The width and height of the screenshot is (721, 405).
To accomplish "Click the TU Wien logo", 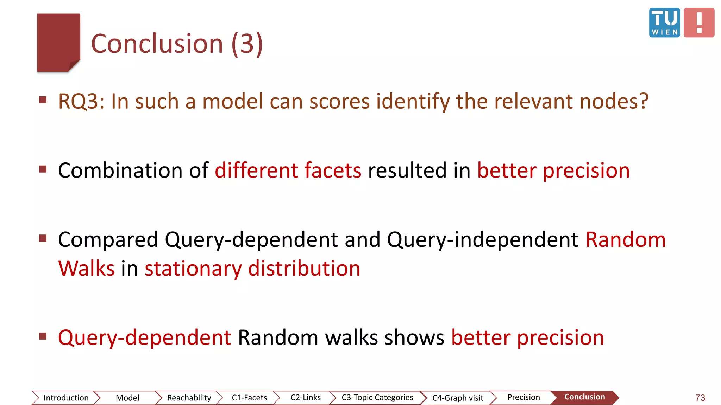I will point(664,22).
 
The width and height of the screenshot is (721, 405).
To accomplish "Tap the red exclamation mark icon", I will point(699,22).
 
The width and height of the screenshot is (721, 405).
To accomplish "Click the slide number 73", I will point(700,398).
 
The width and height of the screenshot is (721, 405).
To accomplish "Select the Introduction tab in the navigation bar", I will point(66,398).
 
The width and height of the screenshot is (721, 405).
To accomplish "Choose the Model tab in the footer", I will point(127,398).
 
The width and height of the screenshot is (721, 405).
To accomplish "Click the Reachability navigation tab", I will point(189,398).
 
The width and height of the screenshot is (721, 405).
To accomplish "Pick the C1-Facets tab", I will point(249,398).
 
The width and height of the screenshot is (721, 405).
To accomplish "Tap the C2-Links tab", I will point(306,397).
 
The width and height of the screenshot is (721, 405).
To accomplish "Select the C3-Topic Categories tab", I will point(377,397).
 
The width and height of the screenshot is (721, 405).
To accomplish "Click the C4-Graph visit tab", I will point(458,398).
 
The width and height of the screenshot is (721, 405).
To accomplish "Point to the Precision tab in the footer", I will point(523,397).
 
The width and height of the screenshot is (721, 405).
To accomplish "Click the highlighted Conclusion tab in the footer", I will point(585,397).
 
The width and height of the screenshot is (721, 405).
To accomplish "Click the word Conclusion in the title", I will point(157,44).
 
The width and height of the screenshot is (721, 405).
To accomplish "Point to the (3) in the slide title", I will point(247,44).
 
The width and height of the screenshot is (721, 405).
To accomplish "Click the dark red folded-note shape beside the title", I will point(58,42).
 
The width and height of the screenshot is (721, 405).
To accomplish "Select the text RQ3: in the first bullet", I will point(81,102).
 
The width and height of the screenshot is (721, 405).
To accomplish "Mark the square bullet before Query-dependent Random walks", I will point(43,336).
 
